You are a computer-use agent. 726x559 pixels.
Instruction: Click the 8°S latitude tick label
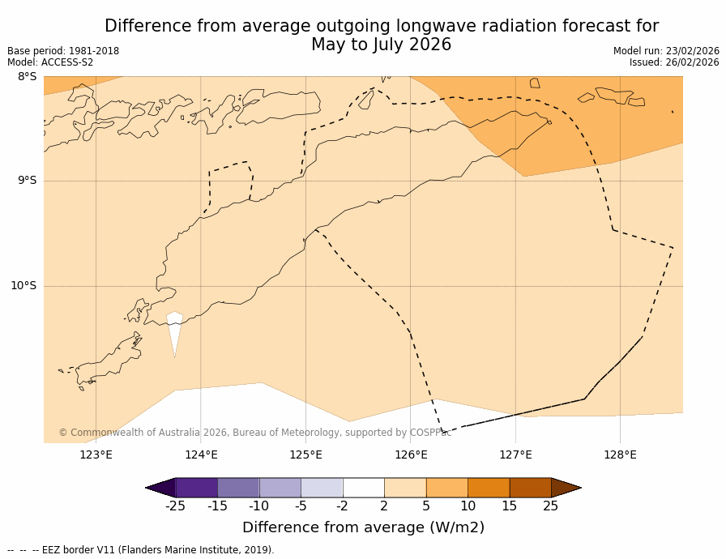coord(27,77)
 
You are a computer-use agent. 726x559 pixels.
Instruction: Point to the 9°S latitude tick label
coord(27,181)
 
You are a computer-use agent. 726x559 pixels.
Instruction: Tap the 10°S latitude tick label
coord(23,285)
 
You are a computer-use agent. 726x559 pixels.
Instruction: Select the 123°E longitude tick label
coord(96,454)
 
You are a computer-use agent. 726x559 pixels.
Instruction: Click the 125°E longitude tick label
coord(305,454)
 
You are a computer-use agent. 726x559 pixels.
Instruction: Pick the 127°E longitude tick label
coord(515,454)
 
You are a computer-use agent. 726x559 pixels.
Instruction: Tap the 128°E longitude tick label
coord(620,454)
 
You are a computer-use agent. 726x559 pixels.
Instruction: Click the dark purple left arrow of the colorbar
coord(160,488)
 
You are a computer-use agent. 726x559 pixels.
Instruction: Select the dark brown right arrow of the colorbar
coord(566,488)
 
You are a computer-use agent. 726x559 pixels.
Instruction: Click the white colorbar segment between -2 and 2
coord(363,488)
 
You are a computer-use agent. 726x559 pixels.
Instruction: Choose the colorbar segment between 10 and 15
coord(489,488)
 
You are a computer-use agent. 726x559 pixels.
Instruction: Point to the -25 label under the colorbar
coord(175,506)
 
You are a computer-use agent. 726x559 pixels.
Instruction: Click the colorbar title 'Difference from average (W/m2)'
coord(363,527)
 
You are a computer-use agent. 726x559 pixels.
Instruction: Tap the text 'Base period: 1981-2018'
coord(63,51)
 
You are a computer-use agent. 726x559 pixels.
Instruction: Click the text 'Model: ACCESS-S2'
coord(50,62)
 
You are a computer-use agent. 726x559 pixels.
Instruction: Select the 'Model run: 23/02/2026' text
coord(666,51)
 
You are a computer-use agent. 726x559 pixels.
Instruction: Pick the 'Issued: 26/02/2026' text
coord(674,62)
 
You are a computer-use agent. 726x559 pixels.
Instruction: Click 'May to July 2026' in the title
coord(381,45)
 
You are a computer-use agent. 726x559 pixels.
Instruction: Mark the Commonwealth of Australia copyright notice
coord(254,433)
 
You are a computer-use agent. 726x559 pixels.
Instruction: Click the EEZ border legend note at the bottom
coord(141,550)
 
